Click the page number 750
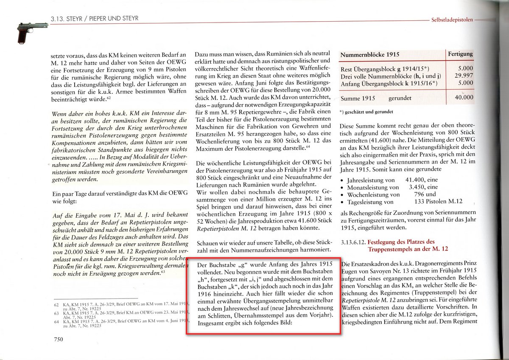58,339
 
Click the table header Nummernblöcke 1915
370,55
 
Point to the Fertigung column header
460,54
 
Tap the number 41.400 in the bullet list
416,180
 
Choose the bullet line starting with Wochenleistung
373,194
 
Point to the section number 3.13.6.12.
352,242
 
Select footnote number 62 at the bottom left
56,305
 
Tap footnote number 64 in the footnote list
56,321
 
